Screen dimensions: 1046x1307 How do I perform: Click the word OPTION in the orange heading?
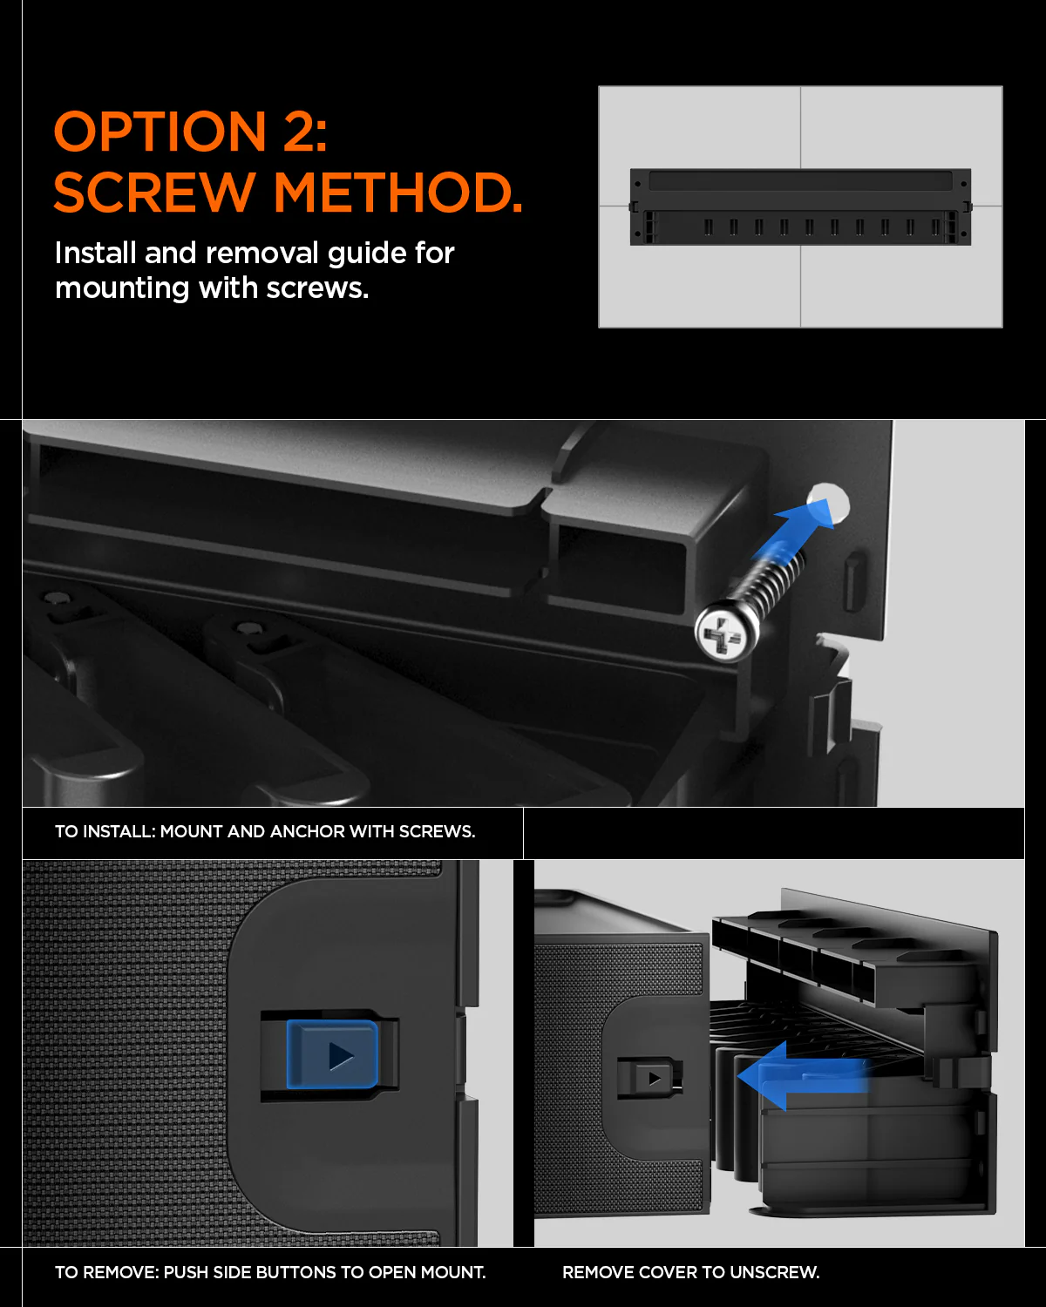160,132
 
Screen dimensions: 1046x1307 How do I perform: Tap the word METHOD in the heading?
397,193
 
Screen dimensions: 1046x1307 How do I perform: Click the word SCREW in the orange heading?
154,193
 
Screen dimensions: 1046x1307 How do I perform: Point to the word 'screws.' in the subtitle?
317,288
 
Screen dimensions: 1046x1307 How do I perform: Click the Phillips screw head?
726,631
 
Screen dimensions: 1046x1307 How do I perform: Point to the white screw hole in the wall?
829,504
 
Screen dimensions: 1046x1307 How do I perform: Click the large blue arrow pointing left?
802,1075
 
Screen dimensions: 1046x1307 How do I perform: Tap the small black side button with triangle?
649,1078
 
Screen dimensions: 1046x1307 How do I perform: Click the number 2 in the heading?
298,132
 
